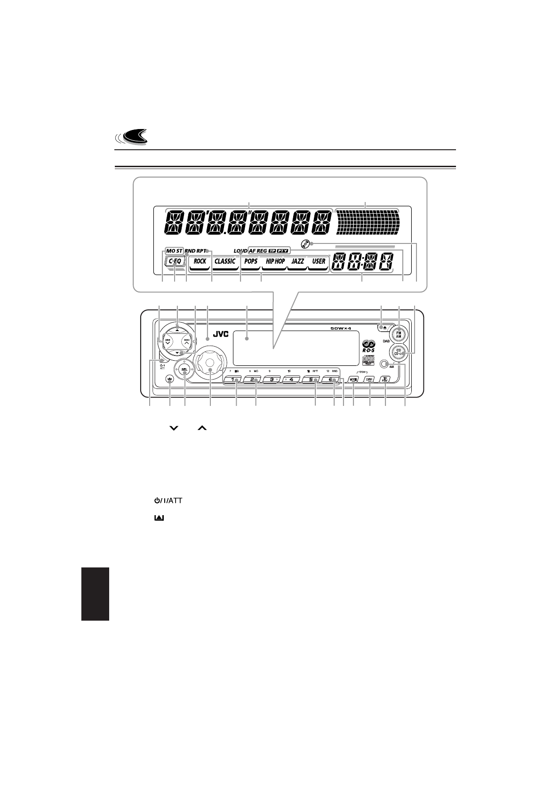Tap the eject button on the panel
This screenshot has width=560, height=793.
pos(384,326)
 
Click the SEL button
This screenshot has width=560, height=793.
pos(185,370)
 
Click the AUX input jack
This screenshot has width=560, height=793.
pos(384,364)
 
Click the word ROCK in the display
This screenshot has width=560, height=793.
pos(200,261)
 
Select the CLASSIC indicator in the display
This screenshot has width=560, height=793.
pos(225,261)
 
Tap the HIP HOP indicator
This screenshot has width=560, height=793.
pos(275,261)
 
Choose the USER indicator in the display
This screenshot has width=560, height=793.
pos(319,261)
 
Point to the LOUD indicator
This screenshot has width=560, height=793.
pos(240,251)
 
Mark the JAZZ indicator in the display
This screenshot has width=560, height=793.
pos(298,261)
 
